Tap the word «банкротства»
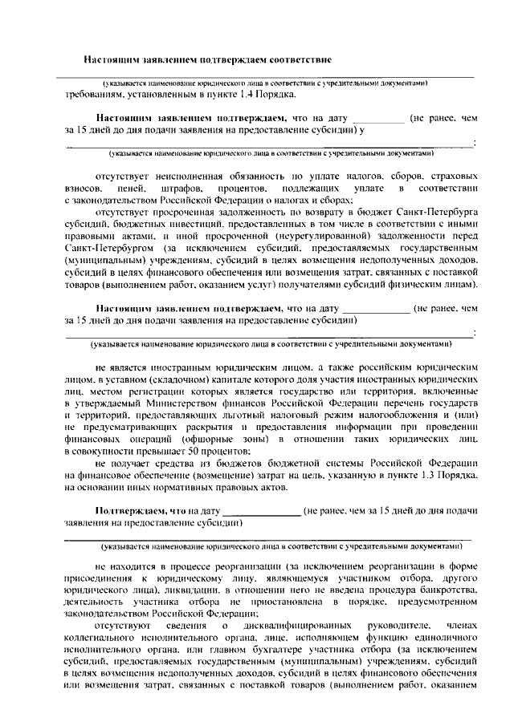(447, 589)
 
